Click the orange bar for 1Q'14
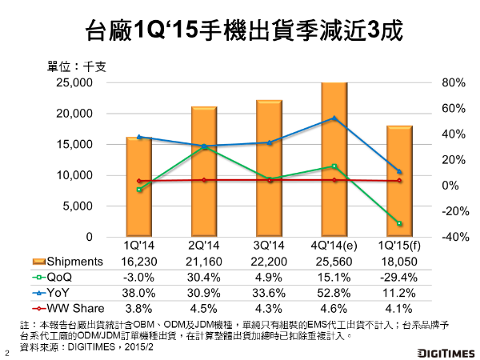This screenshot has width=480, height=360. click(x=139, y=187)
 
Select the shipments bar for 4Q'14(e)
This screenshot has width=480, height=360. click(x=334, y=160)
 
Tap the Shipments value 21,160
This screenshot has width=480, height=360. click(x=204, y=261)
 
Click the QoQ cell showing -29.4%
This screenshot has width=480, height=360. click(x=399, y=277)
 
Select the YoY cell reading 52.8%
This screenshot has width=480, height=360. click(x=334, y=293)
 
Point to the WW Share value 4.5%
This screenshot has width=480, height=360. click(x=204, y=309)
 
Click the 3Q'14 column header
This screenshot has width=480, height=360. click(x=270, y=245)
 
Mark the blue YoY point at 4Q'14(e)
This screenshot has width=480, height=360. click(x=334, y=118)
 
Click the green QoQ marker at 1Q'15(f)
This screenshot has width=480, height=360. click(x=399, y=223)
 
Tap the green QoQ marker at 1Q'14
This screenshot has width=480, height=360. click(x=139, y=190)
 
